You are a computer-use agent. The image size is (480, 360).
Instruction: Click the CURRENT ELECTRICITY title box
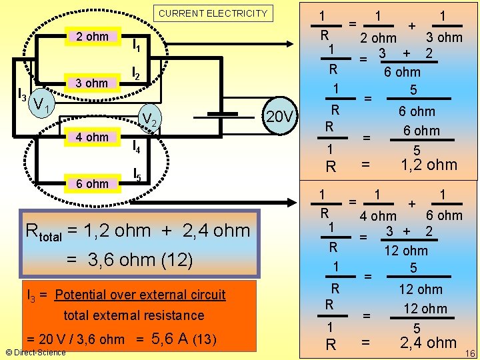[213, 13]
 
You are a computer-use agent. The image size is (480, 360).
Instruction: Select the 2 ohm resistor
[92, 37]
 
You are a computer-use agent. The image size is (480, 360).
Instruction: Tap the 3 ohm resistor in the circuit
[92, 83]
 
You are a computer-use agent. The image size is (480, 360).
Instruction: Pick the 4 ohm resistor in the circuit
[92, 137]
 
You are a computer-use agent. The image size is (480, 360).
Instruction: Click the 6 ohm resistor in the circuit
[92, 183]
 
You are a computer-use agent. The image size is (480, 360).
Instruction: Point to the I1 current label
[137, 45]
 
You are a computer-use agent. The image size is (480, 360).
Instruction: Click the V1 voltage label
[43, 105]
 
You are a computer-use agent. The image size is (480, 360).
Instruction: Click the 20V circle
[279, 117]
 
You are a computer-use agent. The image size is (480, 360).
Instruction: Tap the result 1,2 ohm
[428, 165]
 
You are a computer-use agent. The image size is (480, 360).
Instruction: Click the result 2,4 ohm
[428, 343]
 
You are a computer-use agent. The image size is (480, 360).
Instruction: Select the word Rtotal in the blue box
[43, 232]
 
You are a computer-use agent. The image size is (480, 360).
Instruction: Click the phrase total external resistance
[133, 315]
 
